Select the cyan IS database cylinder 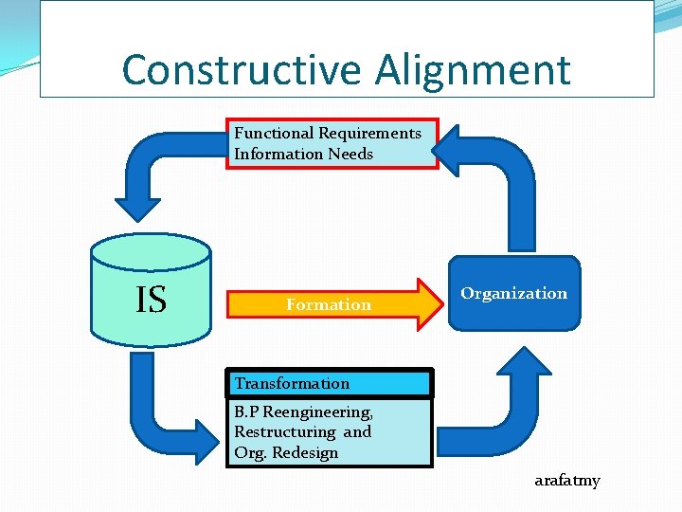coord(151,289)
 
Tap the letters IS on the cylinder coord(151,300)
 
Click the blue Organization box coord(513,294)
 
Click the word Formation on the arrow coord(329,304)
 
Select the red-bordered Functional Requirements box coord(332,143)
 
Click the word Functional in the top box coord(275,134)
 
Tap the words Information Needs coord(303,154)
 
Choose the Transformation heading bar coord(332,383)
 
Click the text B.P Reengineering coord(303,412)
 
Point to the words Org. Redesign coord(286,452)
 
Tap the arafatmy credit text coord(566,481)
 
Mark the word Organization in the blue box coord(513,293)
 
